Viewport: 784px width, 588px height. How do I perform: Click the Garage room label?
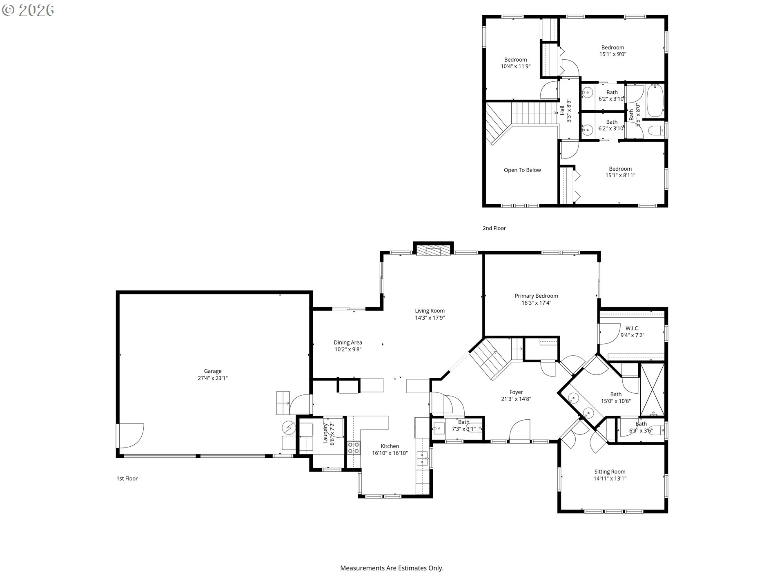point(213,371)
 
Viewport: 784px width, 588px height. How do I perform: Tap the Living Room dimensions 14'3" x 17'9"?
point(430,318)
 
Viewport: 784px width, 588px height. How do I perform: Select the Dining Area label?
point(348,343)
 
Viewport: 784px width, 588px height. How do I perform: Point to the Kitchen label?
point(390,446)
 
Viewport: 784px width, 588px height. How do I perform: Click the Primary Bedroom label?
point(536,296)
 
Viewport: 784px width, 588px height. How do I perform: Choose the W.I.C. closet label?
point(633,328)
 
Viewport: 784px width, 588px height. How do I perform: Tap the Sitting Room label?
point(610,472)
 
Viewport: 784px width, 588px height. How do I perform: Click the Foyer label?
point(516,392)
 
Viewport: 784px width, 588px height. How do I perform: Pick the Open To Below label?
point(522,170)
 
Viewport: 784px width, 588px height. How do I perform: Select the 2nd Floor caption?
point(494,228)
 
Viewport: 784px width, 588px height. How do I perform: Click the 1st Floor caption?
point(127,479)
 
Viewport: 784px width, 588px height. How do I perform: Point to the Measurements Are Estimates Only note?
point(392,568)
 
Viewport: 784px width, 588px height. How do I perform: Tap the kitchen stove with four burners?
point(354,448)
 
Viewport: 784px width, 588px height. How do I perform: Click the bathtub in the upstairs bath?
point(655,100)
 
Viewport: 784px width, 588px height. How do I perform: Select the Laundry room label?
point(326,433)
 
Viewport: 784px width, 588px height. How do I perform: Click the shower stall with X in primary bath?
point(652,390)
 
